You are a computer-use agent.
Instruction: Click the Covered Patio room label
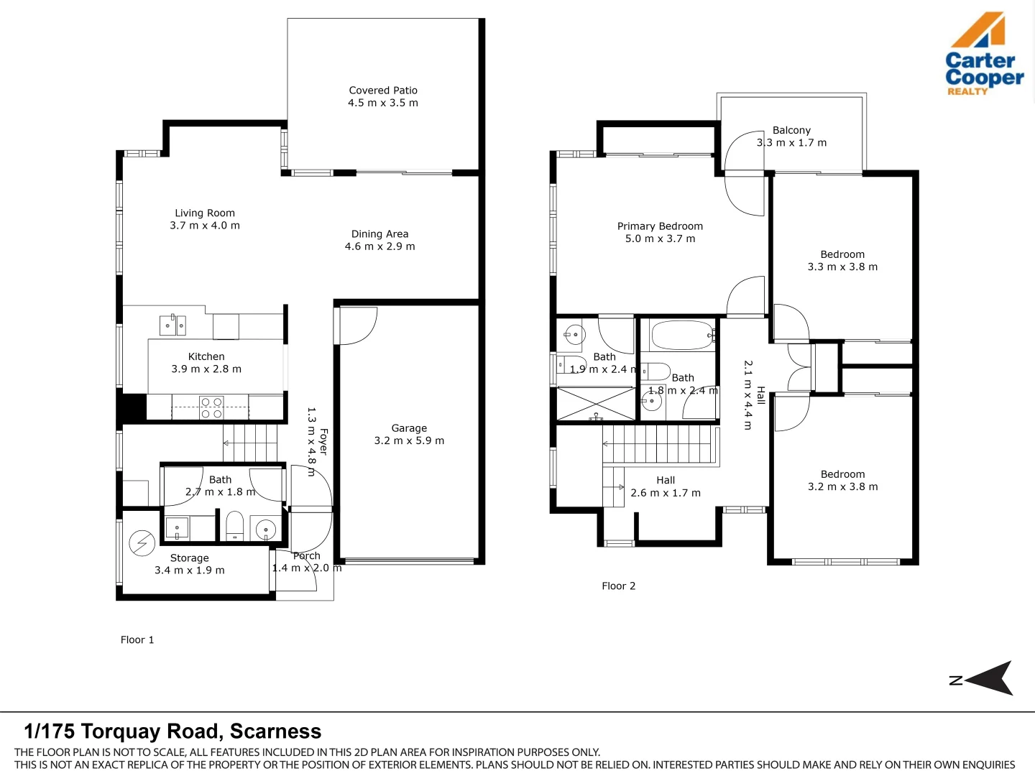click(x=383, y=90)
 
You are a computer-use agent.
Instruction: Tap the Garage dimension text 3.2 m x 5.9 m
click(x=409, y=440)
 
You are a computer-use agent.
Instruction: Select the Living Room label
click(x=205, y=213)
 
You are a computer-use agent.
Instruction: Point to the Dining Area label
click(x=379, y=234)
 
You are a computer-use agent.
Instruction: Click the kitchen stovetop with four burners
click(x=211, y=407)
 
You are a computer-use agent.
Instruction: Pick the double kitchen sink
click(x=172, y=325)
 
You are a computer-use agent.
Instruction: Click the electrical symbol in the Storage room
click(x=142, y=542)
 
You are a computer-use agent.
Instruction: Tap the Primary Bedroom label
click(x=660, y=226)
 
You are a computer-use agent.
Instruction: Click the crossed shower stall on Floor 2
click(x=596, y=403)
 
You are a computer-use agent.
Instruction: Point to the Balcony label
click(x=791, y=130)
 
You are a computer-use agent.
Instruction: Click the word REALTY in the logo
click(x=967, y=91)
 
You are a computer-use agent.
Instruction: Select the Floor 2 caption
click(x=619, y=586)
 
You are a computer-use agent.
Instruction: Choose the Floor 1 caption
click(x=137, y=639)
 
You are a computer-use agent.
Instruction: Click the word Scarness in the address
click(x=275, y=731)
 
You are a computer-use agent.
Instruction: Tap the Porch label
click(x=306, y=556)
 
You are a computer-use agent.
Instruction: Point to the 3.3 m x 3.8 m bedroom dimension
click(x=842, y=267)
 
